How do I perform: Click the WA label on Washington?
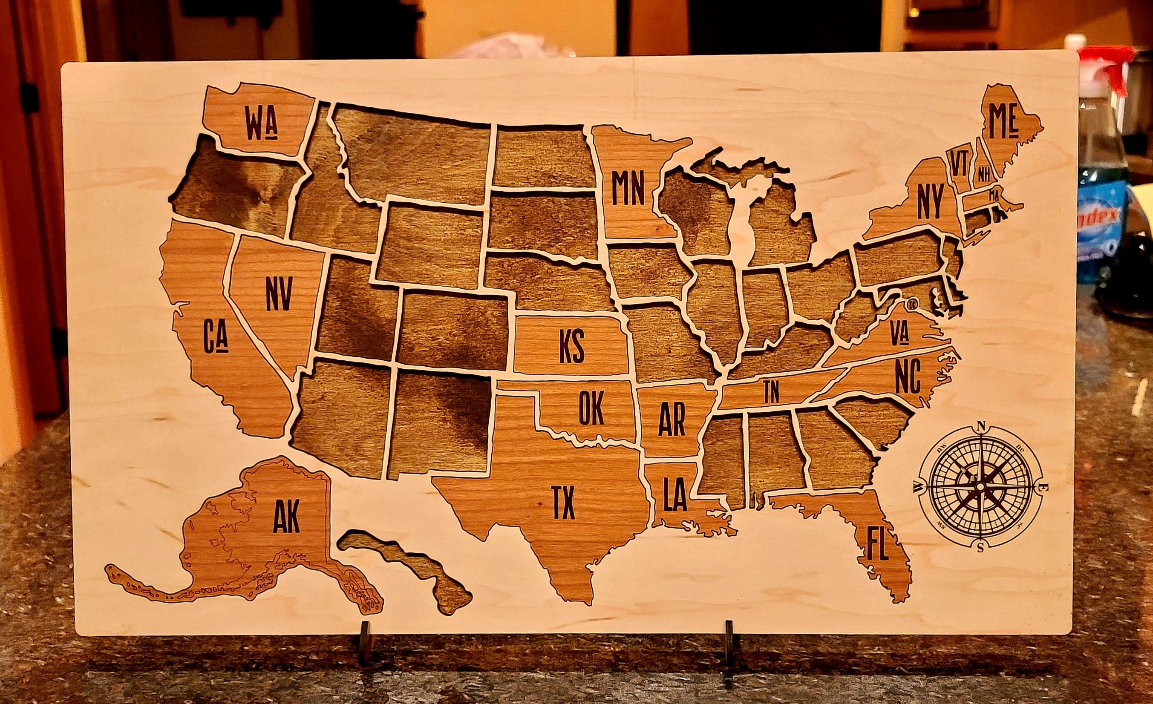click(x=262, y=124)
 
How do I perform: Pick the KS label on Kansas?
click(x=572, y=347)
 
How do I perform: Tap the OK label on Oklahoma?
click(x=591, y=408)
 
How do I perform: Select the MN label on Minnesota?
click(x=628, y=189)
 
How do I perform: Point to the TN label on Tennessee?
click(x=771, y=392)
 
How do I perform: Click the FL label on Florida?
click(x=877, y=543)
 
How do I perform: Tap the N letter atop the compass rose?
click(x=981, y=425)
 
